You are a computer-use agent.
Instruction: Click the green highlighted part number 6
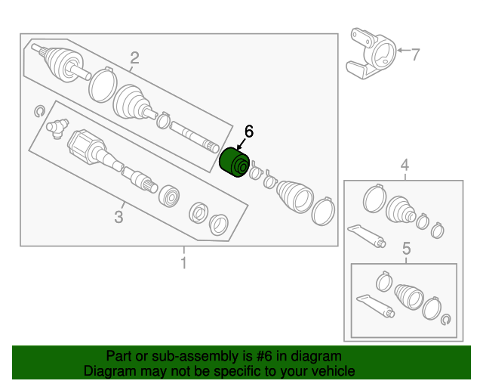coord(235,164)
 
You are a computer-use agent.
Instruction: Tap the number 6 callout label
coord(248,132)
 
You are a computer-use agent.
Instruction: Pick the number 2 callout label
coord(134,57)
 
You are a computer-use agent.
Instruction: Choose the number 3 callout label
coord(118,218)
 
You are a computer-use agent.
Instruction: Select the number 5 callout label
coord(405,248)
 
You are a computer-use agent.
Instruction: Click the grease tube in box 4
coord(368,234)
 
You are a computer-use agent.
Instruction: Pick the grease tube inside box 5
coord(374,304)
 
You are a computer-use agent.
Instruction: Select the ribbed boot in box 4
coord(401,209)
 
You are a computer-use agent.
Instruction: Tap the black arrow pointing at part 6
coord(241,144)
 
